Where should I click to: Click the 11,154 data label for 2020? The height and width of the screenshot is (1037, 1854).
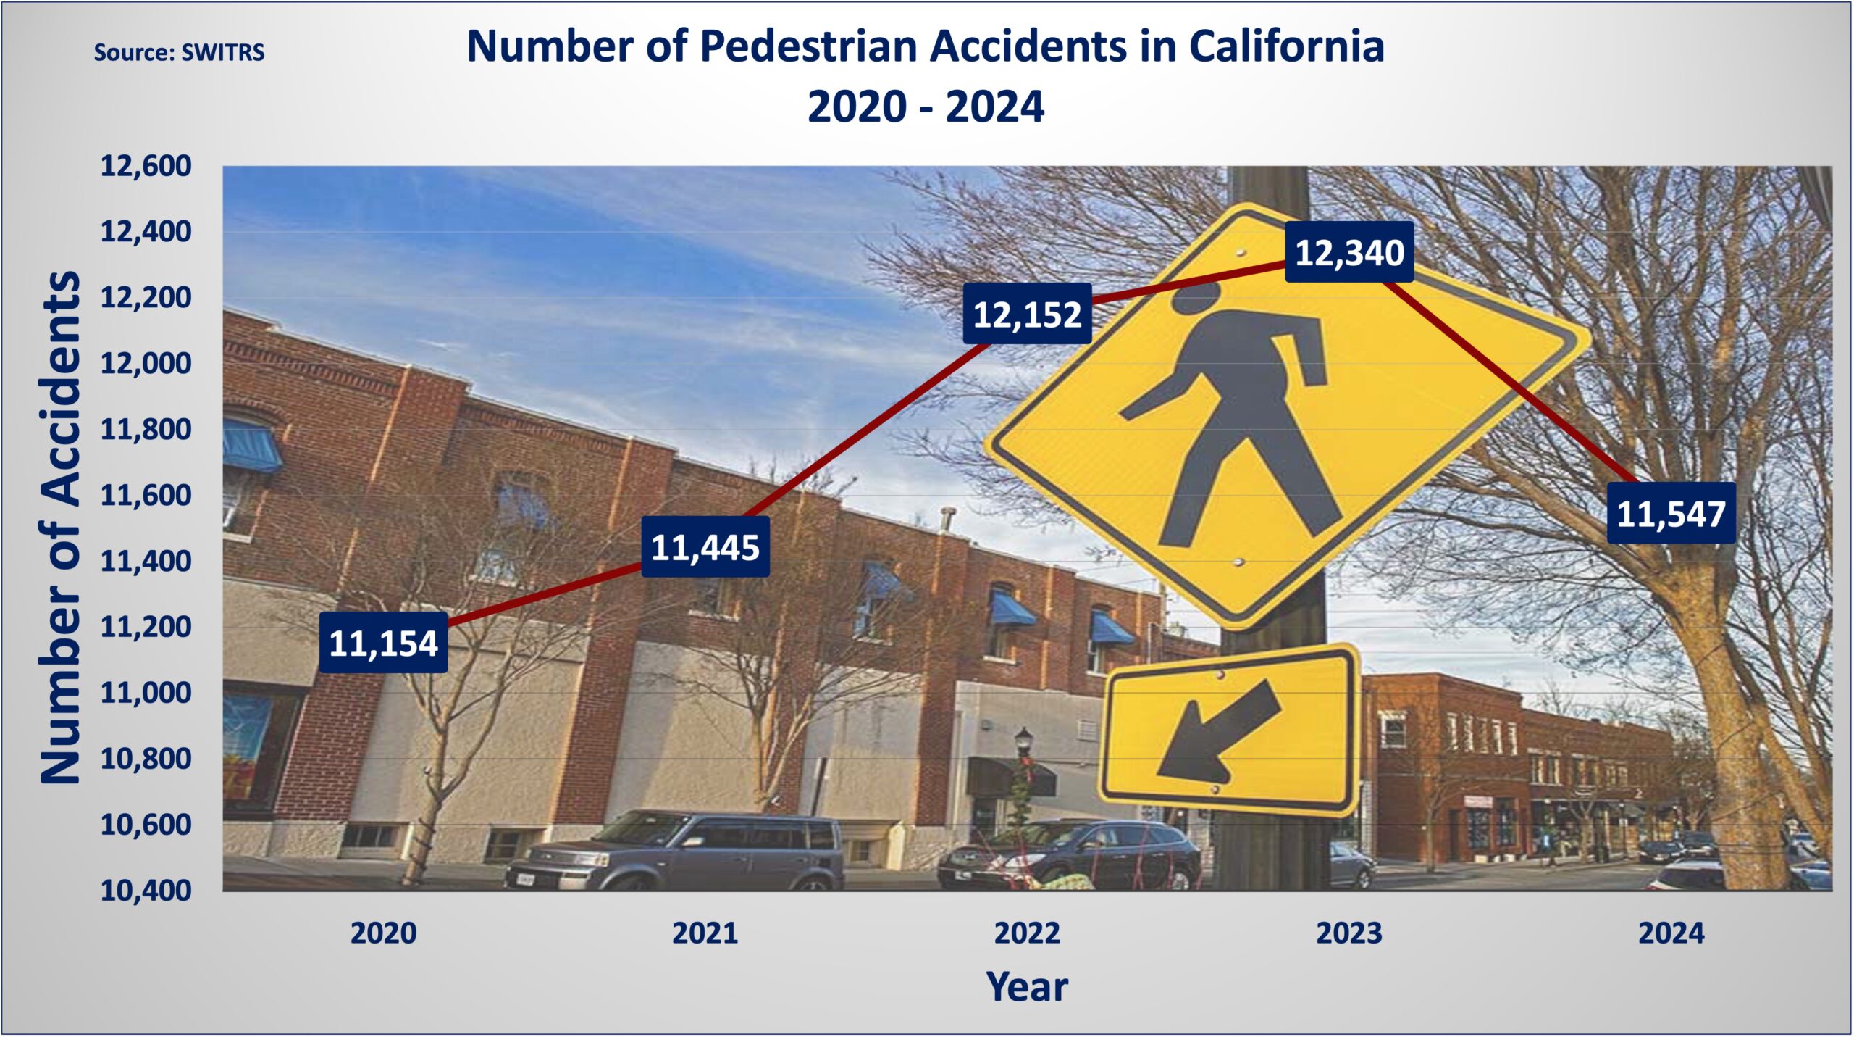pyautogui.click(x=383, y=643)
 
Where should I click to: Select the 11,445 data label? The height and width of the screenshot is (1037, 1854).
pyautogui.click(x=705, y=547)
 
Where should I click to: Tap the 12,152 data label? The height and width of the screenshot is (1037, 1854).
pyautogui.click(x=1027, y=314)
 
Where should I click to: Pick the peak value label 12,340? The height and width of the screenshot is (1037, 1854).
pyautogui.click(x=1349, y=252)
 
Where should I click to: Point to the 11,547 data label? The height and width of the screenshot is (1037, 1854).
pyautogui.click(x=1671, y=513)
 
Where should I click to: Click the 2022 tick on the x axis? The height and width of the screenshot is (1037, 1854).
pyautogui.click(x=1027, y=933)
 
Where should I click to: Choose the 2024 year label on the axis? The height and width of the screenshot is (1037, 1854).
pyautogui.click(x=1671, y=933)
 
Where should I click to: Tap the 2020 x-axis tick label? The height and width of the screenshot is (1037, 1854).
pyautogui.click(x=383, y=933)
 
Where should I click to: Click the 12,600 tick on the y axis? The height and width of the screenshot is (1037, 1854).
pyautogui.click(x=146, y=166)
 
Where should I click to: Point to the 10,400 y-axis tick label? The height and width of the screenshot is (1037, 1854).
pyautogui.click(x=146, y=891)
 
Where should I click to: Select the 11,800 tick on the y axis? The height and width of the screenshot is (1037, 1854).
pyautogui.click(x=146, y=429)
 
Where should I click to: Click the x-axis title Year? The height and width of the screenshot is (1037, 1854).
pyautogui.click(x=1027, y=987)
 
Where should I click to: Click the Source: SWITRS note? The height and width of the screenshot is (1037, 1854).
pyautogui.click(x=179, y=52)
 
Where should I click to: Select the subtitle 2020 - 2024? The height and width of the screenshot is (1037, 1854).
pyautogui.click(x=926, y=107)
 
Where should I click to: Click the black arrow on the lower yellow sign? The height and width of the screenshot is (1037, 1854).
pyautogui.click(x=1219, y=732)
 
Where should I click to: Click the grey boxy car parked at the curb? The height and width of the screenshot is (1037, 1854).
pyautogui.click(x=675, y=851)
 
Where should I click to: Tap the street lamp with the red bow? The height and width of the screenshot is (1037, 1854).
pyautogui.click(x=1023, y=786)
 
